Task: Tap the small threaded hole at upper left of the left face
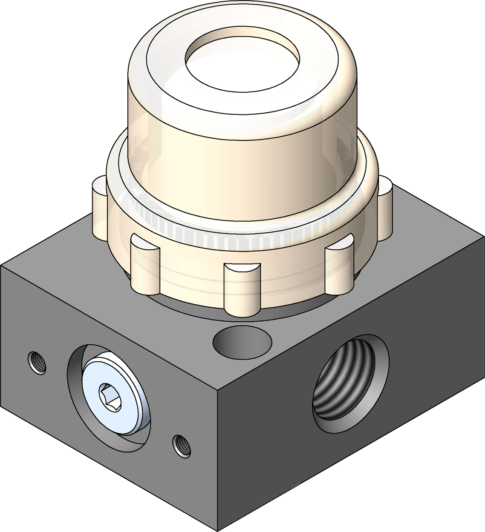37,363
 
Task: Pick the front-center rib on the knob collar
242,289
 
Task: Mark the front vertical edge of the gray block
218,460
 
